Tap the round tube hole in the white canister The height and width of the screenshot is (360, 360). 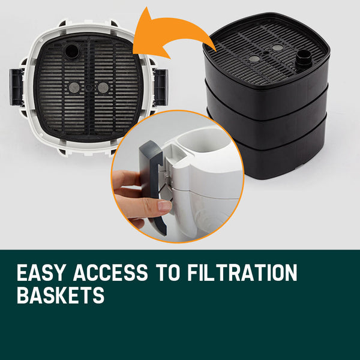pyautogui.click(x=72, y=51)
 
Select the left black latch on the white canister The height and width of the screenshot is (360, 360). pyautogui.click(x=16, y=86)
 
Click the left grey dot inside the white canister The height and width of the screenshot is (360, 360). pyautogui.click(x=73, y=88)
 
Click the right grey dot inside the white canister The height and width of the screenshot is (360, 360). pyautogui.click(x=103, y=88)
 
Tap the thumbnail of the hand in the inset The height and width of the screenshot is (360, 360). pyautogui.click(x=163, y=206)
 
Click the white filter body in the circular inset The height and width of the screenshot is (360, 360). pyautogui.click(x=204, y=180)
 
